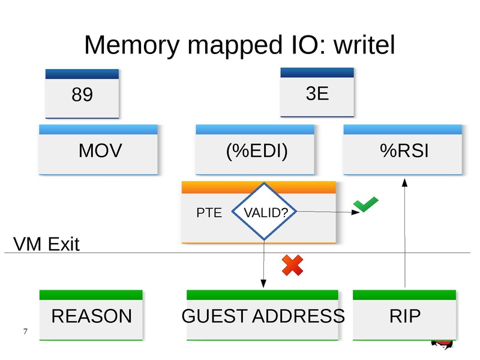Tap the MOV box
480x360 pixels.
click(x=100, y=151)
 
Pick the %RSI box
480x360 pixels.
click(x=404, y=151)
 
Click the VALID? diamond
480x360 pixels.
click(x=265, y=212)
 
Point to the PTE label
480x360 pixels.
click(x=209, y=212)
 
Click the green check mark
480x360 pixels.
click(x=365, y=206)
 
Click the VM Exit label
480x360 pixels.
click(x=46, y=244)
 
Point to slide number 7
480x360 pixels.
click(x=25, y=332)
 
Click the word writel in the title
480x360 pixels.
click(x=362, y=45)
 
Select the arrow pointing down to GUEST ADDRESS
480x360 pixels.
click(x=263, y=264)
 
